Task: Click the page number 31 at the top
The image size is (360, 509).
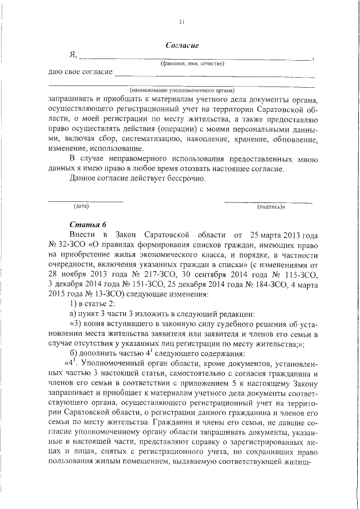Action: click(x=181, y=22)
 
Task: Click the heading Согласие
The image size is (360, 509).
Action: click(x=183, y=45)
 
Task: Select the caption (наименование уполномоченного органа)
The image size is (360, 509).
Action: click(x=182, y=90)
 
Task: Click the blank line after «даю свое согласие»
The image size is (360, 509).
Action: click(x=214, y=75)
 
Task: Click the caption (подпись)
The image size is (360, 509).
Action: click(x=271, y=207)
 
